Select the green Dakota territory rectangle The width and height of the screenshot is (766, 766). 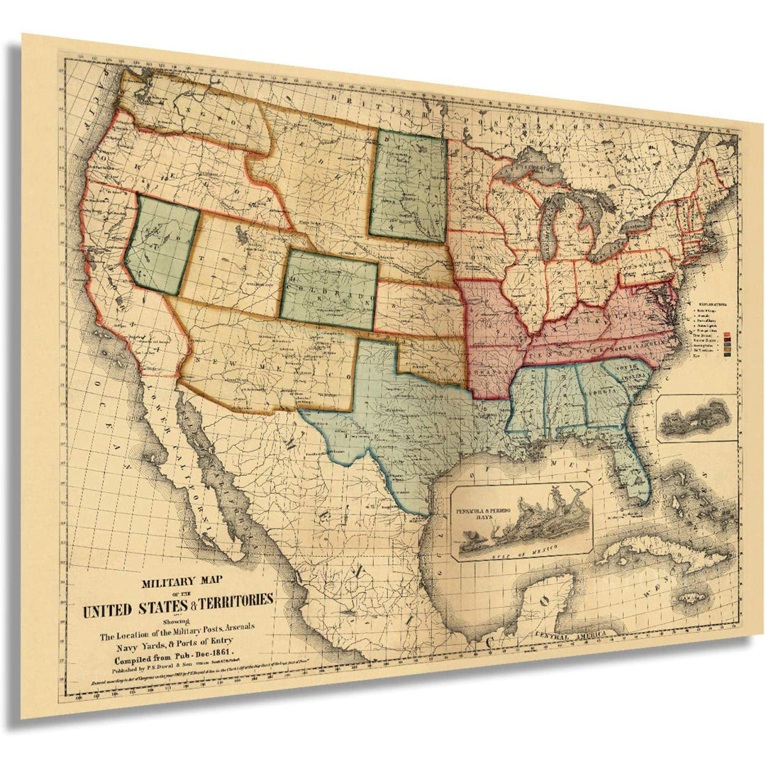click(409, 186)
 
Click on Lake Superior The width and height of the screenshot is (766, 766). click(532, 168)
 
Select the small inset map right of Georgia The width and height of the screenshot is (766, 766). click(696, 418)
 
